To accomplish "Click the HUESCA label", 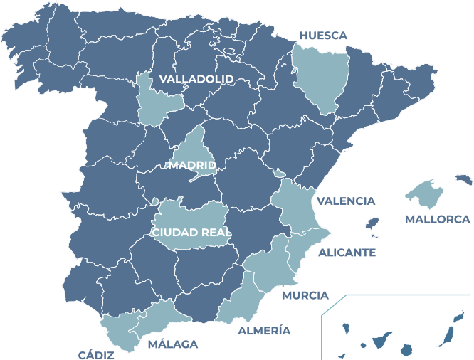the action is point(323,35).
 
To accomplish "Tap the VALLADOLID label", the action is point(196,78).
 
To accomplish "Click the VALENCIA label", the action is point(346,201).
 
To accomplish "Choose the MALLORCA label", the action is point(438,219).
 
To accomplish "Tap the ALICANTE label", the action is point(347,253).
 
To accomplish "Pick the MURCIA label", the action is point(305,295).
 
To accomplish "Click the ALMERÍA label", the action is point(264,331).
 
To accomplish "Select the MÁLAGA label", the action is point(172,344).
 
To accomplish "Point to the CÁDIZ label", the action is point(96,354).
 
